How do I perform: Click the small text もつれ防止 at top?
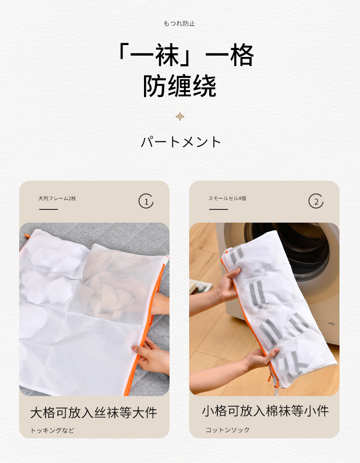click(x=180, y=24)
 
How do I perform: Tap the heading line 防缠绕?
click(x=180, y=86)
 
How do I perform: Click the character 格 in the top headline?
click(x=242, y=55)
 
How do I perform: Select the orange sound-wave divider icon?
click(x=180, y=117)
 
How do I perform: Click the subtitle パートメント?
click(x=180, y=142)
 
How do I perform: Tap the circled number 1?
click(x=146, y=201)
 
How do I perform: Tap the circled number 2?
click(x=316, y=201)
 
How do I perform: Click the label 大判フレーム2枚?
click(x=57, y=198)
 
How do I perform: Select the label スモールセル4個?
click(x=227, y=198)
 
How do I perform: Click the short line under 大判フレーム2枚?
click(x=48, y=209)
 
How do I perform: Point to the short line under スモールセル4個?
click(x=218, y=209)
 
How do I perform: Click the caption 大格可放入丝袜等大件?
click(x=93, y=412)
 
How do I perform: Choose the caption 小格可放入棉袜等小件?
click(x=265, y=411)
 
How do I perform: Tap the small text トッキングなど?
click(x=52, y=431)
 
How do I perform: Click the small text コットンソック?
click(x=227, y=430)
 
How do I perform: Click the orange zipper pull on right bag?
click(x=270, y=377)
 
